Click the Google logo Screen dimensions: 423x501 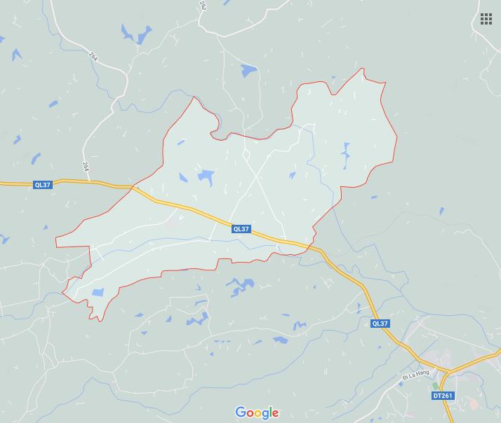(257, 412)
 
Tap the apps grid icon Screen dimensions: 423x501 (486, 19)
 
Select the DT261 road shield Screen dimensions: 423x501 (443, 396)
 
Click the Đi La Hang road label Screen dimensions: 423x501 (415, 376)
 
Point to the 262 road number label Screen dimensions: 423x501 (203, 5)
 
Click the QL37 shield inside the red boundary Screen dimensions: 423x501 (241, 229)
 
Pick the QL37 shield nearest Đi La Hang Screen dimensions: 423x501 (380, 324)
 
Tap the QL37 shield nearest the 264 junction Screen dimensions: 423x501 (42, 185)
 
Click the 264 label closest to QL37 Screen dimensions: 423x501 (86, 166)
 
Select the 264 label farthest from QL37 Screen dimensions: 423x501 (93, 56)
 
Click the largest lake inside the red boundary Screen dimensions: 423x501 (206, 176)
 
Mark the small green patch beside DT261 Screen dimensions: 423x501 (435, 385)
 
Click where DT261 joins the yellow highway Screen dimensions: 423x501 (447, 370)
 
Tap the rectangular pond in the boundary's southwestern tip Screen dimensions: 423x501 (98, 292)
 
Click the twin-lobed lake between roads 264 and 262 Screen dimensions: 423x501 (135, 34)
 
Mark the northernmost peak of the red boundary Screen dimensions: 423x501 (363, 69)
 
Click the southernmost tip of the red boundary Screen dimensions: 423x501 (100, 321)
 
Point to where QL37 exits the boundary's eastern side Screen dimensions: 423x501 (309, 246)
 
